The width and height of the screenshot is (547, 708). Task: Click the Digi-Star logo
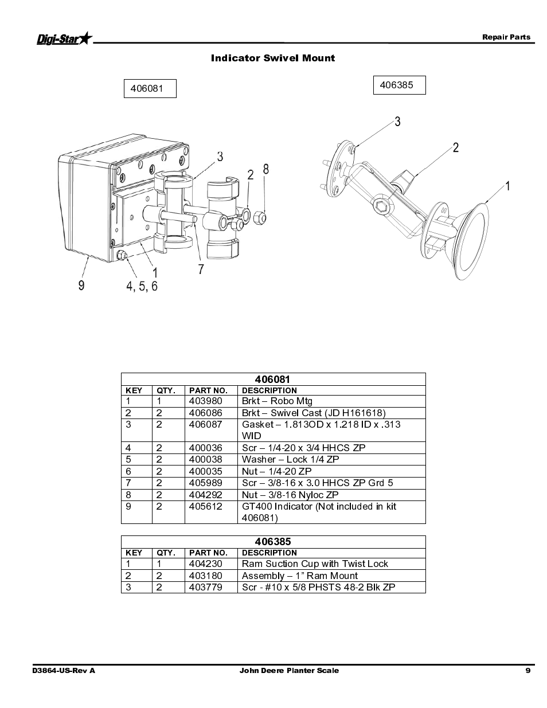coord(64,38)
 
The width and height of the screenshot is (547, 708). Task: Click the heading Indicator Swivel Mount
coord(273,58)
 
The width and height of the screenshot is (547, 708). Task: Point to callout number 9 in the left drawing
coord(81,285)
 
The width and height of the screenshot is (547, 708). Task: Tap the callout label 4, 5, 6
coord(142,285)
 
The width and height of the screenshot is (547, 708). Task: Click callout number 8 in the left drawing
coord(265,169)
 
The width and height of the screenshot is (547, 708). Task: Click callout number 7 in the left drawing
coord(201,269)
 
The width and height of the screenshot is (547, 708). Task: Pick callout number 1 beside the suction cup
coord(507,186)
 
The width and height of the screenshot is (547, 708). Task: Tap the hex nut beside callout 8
coord(259,217)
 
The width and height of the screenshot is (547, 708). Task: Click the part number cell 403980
coord(205,401)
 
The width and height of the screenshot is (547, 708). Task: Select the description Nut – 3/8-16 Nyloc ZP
coord(290,495)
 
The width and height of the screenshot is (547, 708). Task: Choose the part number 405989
coord(205,483)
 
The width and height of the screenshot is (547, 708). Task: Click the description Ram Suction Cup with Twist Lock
coord(315,564)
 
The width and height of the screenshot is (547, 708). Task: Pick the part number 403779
coord(205,587)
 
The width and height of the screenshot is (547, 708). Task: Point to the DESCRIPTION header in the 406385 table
coord(269,553)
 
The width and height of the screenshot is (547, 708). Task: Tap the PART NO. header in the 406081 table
coord(208,390)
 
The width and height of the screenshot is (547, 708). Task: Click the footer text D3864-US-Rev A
coord(64,670)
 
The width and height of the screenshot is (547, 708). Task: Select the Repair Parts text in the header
coord(506,37)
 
